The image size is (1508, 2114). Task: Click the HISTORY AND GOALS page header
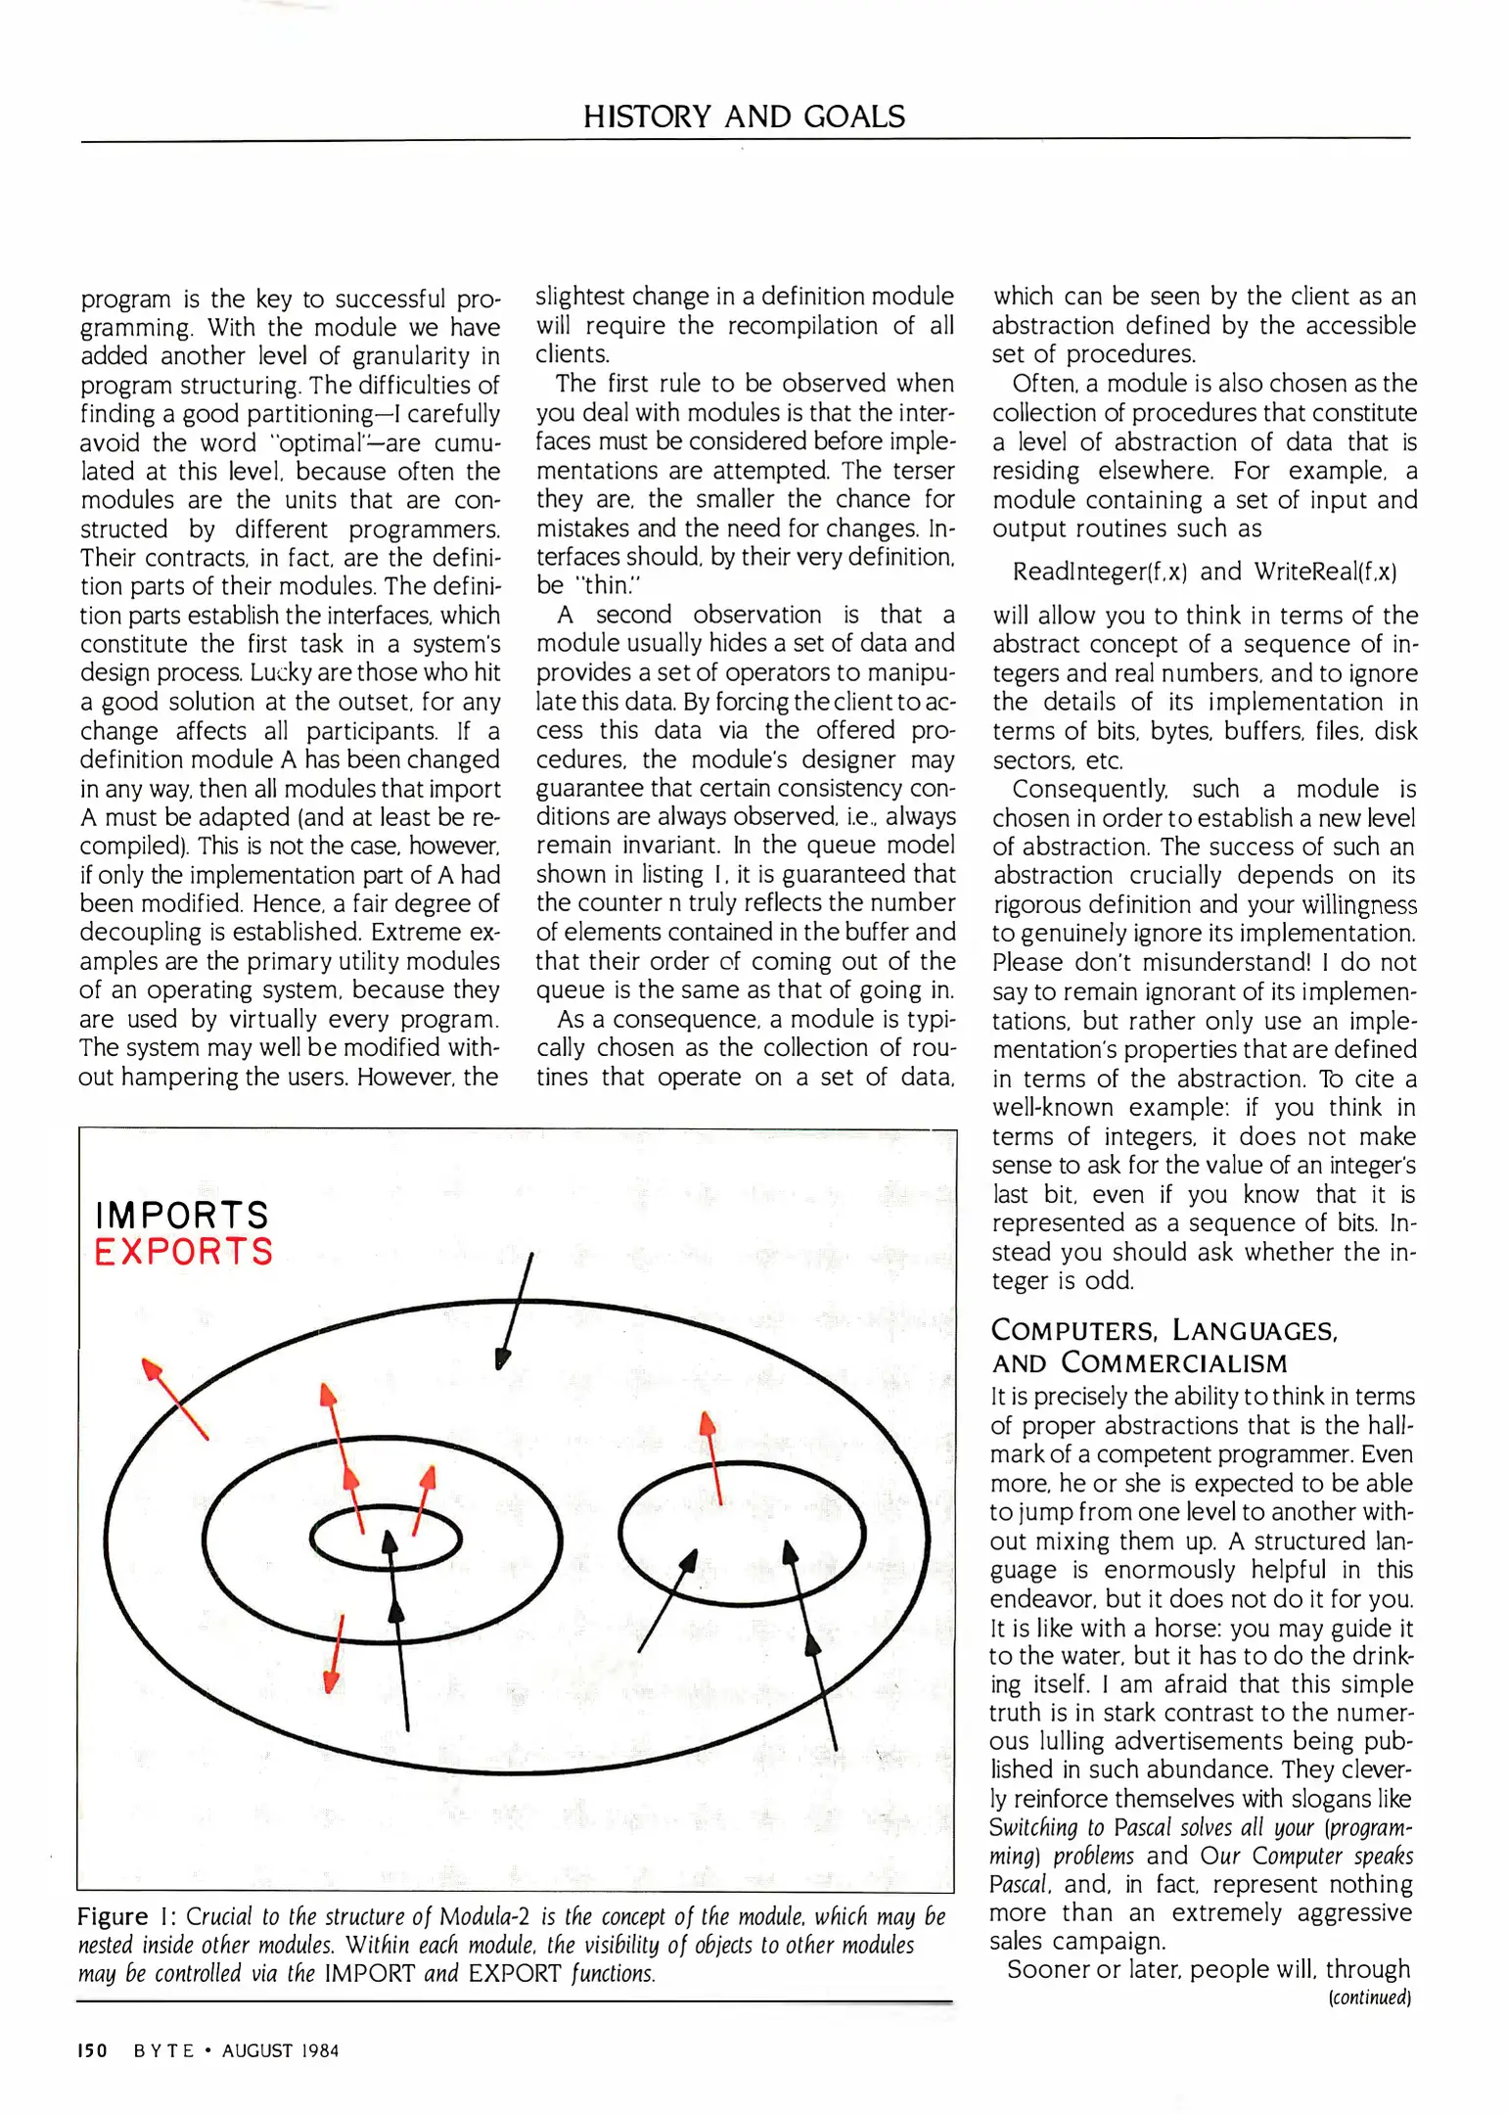point(744,116)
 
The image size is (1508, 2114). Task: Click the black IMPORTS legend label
point(182,1216)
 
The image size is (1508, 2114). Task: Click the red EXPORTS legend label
point(184,1252)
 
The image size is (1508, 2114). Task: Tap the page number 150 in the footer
point(92,2050)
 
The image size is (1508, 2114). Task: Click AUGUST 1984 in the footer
point(280,2050)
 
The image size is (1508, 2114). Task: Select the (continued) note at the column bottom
point(1368,1997)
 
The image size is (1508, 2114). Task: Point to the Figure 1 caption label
point(126,1917)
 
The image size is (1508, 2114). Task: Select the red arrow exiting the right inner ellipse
point(713,1457)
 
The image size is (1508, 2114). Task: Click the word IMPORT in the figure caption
point(369,1974)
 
